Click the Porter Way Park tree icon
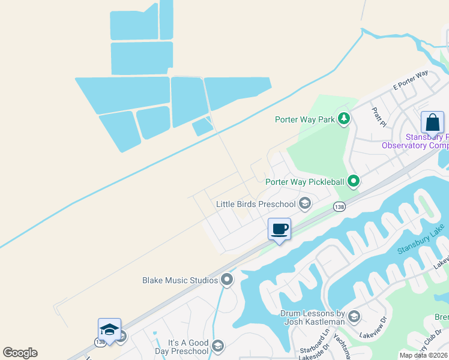tap(344, 118)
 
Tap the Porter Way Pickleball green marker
tap(354, 180)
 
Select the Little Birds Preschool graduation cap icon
tap(305, 204)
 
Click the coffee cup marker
tap(279, 229)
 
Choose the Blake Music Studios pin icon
tap(227, 280)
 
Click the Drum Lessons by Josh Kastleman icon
tap(354, 317)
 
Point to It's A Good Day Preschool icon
tap(217, 346)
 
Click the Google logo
tap(20, 353)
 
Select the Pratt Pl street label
tap(378, 118)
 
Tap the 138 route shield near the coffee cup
tap(338, 206)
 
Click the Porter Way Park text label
tap(304, 119)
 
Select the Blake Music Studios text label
tap(179, 280)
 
